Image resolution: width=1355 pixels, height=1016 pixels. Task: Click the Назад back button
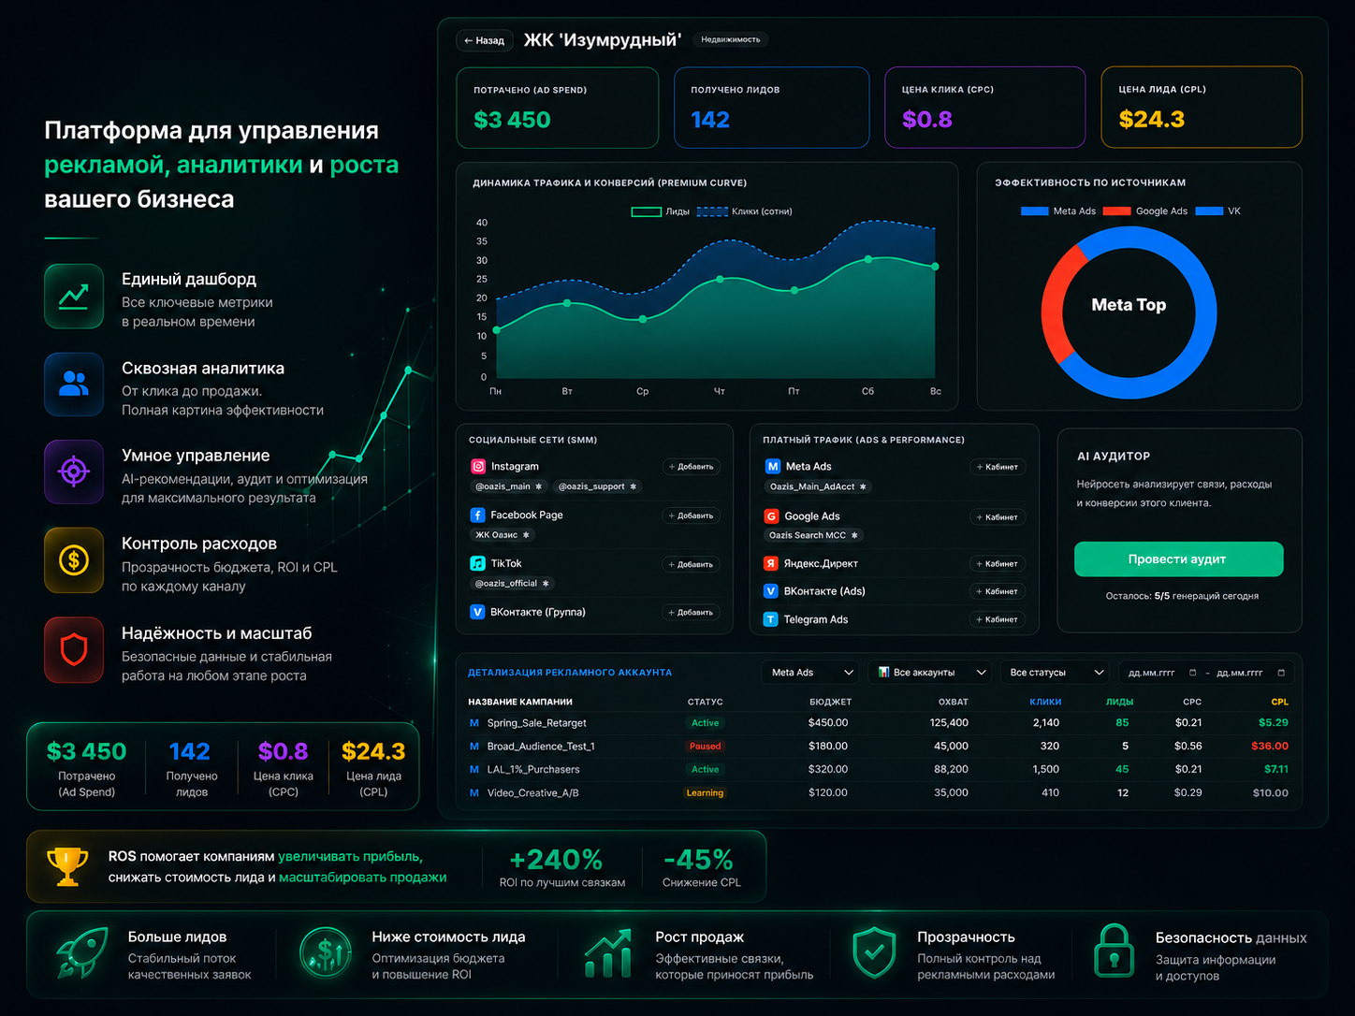(485, 41)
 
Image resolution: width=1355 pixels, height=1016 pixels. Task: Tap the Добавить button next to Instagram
(691, 467)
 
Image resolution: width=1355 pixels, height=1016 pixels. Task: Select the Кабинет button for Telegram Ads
(997, 619)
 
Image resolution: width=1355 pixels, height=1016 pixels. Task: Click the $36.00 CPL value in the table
(1269, 746)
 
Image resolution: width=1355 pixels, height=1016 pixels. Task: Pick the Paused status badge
(705, 746)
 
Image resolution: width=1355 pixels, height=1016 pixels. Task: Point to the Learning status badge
(705, 792)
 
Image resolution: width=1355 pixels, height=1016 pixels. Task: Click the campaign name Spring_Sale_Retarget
(536, 723)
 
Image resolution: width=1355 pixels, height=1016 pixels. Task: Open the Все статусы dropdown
(1055, 673)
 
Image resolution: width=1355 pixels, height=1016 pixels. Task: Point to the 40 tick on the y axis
(482, 223)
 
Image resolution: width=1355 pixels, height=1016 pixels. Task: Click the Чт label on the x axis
(720, 391)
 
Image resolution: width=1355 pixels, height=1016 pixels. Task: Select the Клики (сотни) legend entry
(744, 211)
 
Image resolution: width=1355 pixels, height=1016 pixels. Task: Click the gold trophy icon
(67, 866)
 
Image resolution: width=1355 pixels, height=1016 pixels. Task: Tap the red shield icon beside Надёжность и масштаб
(74, 649)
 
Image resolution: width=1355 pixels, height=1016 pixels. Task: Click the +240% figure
(556, 860)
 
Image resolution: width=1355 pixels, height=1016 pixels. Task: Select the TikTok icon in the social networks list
(477, 563)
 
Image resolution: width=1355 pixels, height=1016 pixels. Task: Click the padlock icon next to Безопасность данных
(1114, 951)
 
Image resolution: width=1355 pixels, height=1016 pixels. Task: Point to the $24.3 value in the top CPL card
(1151, 119)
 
